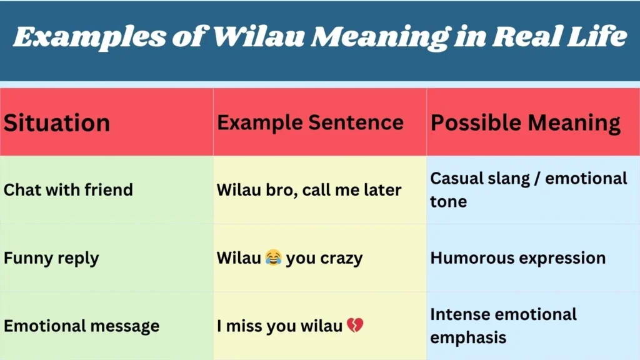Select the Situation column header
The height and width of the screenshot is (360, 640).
pos(57,122)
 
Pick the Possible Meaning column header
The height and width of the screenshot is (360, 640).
pos(526,122)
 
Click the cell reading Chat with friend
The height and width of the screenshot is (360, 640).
pos(68,189)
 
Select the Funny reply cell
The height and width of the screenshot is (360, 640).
pos(51,257)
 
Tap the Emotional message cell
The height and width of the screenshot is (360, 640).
pos(81,326)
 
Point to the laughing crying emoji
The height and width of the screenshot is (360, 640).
pos(273,257)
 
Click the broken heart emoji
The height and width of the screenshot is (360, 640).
pos(355,326)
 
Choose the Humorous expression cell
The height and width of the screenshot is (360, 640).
pos(517,257)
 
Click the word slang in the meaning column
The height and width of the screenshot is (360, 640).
pos(512,178)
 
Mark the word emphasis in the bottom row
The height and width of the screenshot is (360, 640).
pos(468,337)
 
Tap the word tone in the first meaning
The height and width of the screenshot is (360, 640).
pos(448,201)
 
